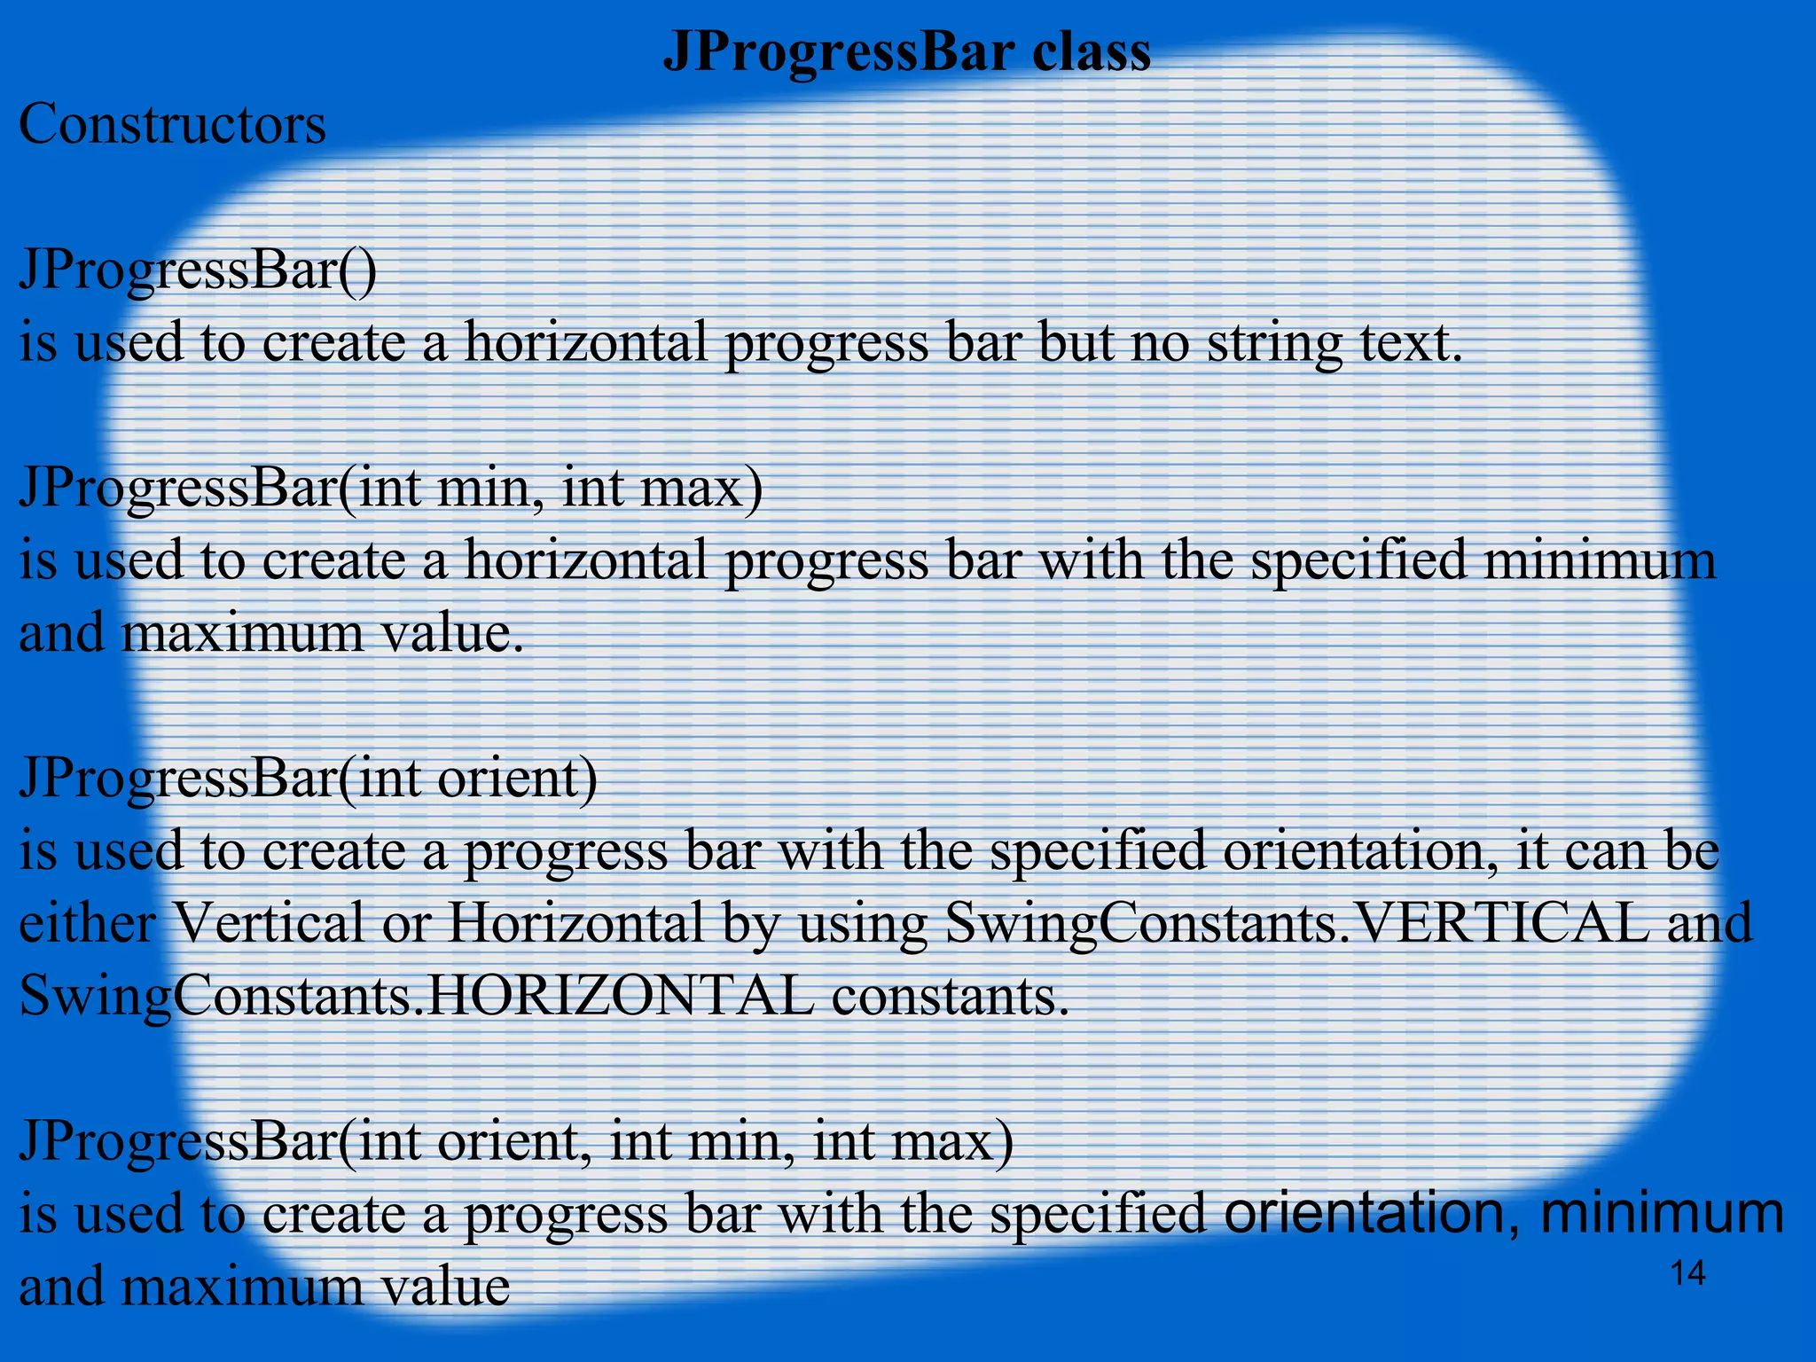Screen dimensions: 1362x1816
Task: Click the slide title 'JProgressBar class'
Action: [x=906, y=51]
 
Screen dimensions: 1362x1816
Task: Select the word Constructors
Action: [x=172, y=124]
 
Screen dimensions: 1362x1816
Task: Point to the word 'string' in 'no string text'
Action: [x=1274, y=344]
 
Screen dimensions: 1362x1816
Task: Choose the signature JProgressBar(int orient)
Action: [x=308, y=778]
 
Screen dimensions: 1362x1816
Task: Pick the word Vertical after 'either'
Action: [x=267, y=923]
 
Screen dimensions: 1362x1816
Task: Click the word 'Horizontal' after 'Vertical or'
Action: [x=575, y=923]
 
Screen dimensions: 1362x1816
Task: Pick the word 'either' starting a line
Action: [x=87, y=923]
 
